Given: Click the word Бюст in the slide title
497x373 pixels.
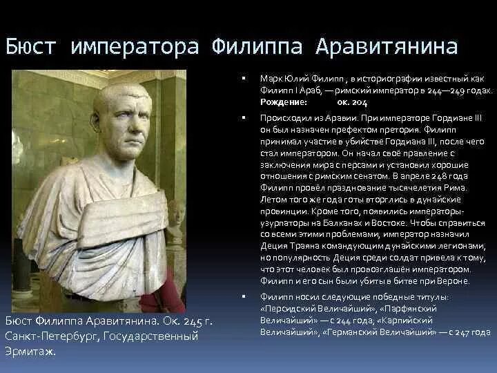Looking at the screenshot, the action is point(31,47).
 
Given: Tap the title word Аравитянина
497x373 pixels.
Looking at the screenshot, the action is point(387,47).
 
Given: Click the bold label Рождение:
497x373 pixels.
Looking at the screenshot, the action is point(284,102).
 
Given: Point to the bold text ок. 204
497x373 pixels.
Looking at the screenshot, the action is point(352,102).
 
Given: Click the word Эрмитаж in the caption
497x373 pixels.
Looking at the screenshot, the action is point(30,352).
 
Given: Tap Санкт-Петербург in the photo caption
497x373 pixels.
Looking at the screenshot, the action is point(50,336).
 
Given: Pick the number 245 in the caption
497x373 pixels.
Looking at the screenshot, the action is point(193,321).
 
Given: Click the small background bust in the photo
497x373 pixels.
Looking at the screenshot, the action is point(176,219).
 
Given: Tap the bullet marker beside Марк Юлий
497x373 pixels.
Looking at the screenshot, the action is point(244,78).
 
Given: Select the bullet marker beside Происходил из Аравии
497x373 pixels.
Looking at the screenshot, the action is point(244,117).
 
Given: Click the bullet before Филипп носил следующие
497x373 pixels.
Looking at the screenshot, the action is point(244,296).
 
